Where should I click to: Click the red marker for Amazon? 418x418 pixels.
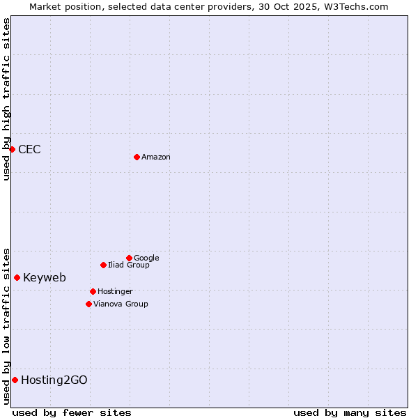[x=137, y=157]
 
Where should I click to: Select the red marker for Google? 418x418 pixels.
[x=129, y=258]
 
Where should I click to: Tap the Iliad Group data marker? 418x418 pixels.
[x=103, y=265]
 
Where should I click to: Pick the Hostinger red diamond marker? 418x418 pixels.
[x=93, y=291]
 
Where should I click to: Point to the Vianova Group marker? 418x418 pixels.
[x=88, y=304]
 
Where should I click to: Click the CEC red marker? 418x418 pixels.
[x=12, y=149]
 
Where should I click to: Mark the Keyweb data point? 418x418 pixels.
[x=17, y=277]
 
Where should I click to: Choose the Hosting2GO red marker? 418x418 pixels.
[x=15, y=380]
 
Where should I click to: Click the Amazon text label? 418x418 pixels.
[x=156, y=157]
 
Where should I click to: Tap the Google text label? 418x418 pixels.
[x=146, y=258]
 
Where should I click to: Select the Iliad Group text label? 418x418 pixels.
[x=129, y=265]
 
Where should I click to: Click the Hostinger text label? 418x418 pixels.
[x=115, y=291]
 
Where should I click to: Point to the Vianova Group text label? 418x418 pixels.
[x=121, y=304]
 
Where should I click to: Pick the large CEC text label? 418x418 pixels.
[x=29, y=149]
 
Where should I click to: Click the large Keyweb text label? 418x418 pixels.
[x=45, y=277]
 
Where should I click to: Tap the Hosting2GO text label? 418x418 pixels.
[x=54, y=380]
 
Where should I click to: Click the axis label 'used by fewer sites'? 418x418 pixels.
[x=72, y=412]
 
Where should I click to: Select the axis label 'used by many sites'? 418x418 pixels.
[x=350, y=412]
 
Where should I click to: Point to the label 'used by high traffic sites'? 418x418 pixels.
[x=6, y=99]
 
